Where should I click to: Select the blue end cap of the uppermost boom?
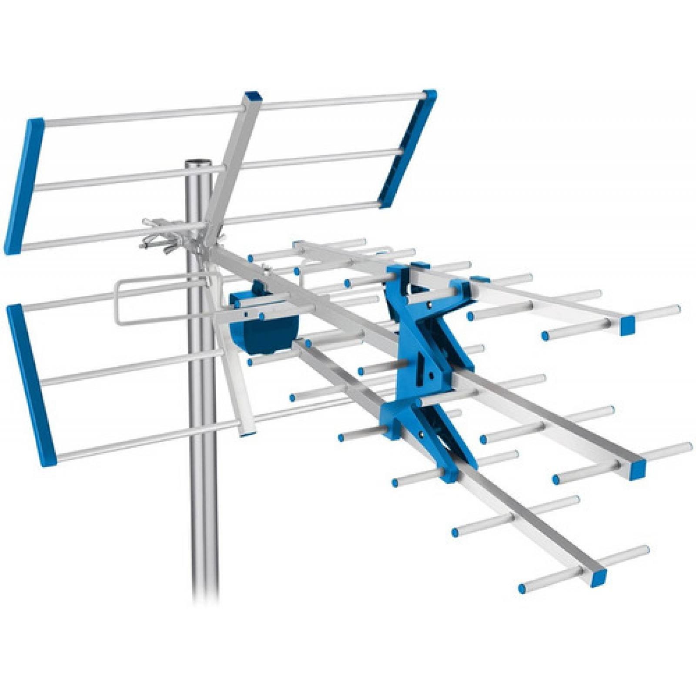coord(628,325)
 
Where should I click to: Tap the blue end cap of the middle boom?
coord(638,468)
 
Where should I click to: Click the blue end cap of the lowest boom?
coord(598,576)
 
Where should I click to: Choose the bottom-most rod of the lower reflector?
coord(148,439)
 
